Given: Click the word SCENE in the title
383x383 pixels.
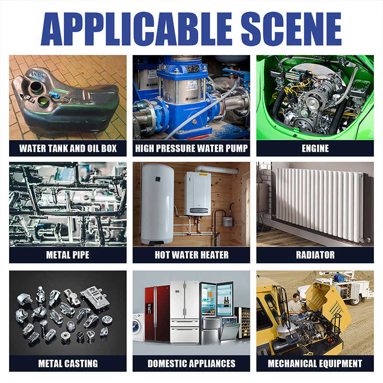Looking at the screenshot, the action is pos(291,29).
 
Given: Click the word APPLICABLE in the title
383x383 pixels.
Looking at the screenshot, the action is pos(136,29).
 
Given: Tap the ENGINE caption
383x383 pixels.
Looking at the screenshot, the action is pos(315,148).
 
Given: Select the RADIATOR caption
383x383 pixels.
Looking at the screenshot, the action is pos(315,255).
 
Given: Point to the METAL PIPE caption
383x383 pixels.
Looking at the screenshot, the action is pos(68,255).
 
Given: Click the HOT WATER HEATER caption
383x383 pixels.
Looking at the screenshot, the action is pos(191,255).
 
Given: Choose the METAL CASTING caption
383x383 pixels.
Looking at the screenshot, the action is pos(68,363).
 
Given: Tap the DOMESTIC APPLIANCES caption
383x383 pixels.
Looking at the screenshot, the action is pos(191,363).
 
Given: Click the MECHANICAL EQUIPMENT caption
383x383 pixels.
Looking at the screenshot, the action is pos(315,363).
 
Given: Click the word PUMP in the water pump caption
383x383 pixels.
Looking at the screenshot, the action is pos(237,148).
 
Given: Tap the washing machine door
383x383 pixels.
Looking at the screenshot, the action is pos(135,326).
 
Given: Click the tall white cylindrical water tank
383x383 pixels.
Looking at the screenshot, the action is pos(157,204).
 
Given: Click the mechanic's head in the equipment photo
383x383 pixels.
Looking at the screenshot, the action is pos(296,297).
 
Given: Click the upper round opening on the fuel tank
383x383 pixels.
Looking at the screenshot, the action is pos(36,88).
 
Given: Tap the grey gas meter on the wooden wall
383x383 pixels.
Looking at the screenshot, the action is pos(227,221).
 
